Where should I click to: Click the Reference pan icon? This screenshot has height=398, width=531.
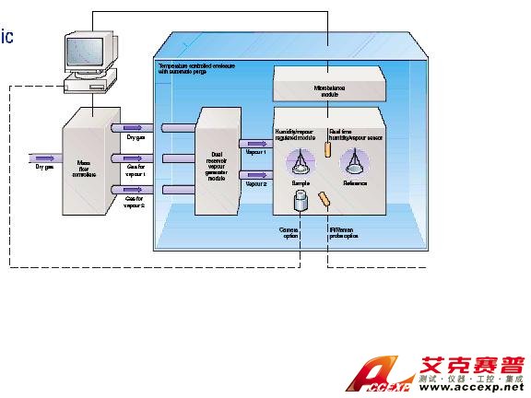tap(355, 164)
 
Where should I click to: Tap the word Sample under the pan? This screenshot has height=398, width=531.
tap(301, 183)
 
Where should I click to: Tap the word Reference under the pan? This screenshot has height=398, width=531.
tap(355, 183)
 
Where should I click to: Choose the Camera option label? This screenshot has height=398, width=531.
tap(289, 233)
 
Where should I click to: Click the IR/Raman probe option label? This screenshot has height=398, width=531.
tap(344, 233)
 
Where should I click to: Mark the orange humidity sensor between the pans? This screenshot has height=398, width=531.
tap(328, 147)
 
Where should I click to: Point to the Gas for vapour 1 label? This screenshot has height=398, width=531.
tap(136, 170)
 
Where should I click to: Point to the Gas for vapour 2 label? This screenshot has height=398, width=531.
tap(136, 202)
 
